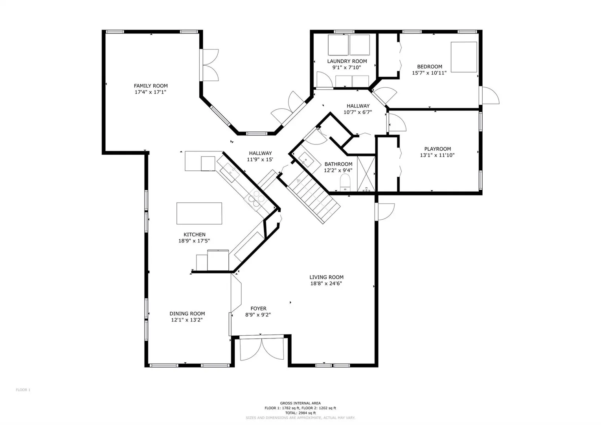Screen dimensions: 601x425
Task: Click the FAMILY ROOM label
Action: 151,86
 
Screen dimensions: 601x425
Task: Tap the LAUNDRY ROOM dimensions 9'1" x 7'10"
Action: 347,67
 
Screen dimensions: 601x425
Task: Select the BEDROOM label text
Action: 430,67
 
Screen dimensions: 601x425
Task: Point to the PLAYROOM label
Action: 437,149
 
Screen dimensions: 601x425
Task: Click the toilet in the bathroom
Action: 345,183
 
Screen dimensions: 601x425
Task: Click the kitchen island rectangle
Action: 199,213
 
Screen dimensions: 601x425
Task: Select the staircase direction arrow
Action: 298,181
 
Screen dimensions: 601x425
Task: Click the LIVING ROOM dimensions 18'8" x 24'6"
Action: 326,283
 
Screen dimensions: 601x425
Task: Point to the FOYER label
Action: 258,309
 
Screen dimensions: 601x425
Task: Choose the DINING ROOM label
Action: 187,314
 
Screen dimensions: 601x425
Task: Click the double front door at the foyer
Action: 262,348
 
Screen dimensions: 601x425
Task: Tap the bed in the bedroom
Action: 464,57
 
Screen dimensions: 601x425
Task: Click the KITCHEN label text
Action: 195,235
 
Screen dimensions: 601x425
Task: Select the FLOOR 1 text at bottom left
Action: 23,390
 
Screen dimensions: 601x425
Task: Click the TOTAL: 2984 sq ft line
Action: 300,413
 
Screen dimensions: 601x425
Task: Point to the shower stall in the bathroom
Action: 366,174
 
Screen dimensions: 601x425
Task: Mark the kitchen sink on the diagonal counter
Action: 231,173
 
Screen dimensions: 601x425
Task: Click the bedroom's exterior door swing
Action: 491,95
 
